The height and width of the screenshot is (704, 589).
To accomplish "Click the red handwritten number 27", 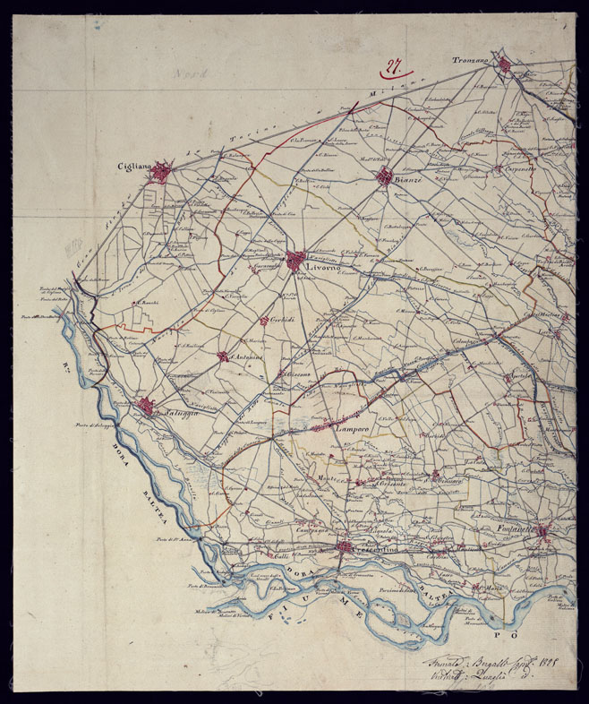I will point(392,65).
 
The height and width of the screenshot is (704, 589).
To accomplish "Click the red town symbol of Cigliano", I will point(160,171).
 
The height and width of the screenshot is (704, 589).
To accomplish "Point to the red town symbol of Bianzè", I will point(384,176).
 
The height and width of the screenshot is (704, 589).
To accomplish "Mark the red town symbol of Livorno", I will point(296,261).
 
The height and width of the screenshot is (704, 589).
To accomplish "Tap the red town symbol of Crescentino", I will point(343,547).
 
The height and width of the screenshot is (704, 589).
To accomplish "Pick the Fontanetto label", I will point(517,529).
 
